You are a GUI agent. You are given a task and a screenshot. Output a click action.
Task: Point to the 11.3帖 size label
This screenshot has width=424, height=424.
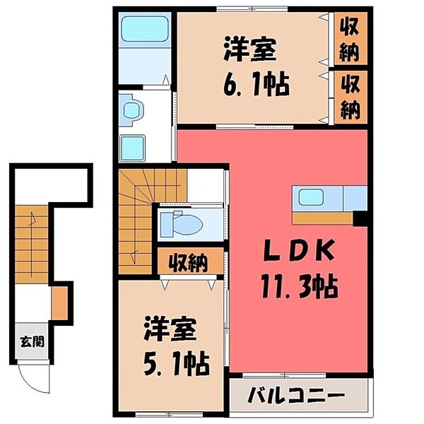(x=298, y=286)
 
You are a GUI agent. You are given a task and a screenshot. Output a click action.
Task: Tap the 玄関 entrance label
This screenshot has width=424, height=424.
(x=32, y=342)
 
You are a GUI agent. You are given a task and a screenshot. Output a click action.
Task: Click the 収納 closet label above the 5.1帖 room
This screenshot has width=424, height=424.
(x=188, y=264)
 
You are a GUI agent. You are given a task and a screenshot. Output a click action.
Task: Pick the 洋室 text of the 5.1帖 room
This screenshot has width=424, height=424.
(x=172, y=330)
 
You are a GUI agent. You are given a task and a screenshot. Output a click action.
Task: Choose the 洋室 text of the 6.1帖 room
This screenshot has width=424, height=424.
(x=251, y=51)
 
